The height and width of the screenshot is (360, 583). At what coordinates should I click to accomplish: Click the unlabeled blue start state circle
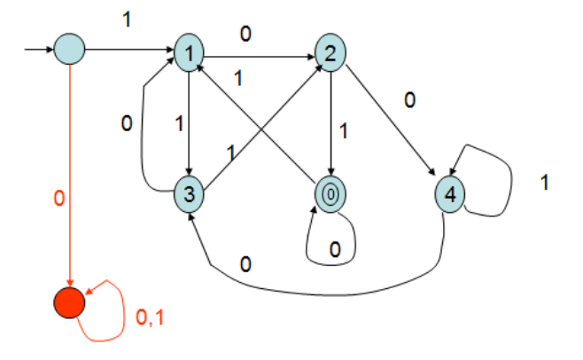click(x=69, y=49)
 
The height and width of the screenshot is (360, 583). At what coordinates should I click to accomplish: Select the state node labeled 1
click(x=190, y=52)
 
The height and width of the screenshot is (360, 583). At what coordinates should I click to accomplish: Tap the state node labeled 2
click(x=330, y=52)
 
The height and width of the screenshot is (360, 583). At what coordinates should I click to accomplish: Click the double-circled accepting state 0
click(x=330, y=192)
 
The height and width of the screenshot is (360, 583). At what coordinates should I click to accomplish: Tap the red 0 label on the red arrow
click(x=58, y=200)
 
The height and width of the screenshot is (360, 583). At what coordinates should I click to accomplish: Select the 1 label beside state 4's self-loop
click(x=545, y=184)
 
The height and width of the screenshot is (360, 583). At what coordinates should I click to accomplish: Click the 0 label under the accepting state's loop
click(x=335, y=251)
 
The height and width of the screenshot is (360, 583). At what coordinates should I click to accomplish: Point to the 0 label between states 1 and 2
click(x=245, y=35)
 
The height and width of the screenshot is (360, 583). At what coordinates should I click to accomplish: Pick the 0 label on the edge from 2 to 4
click(x=409, y=100)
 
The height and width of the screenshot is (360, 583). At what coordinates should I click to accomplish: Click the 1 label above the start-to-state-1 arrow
click(x=127, y=17)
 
